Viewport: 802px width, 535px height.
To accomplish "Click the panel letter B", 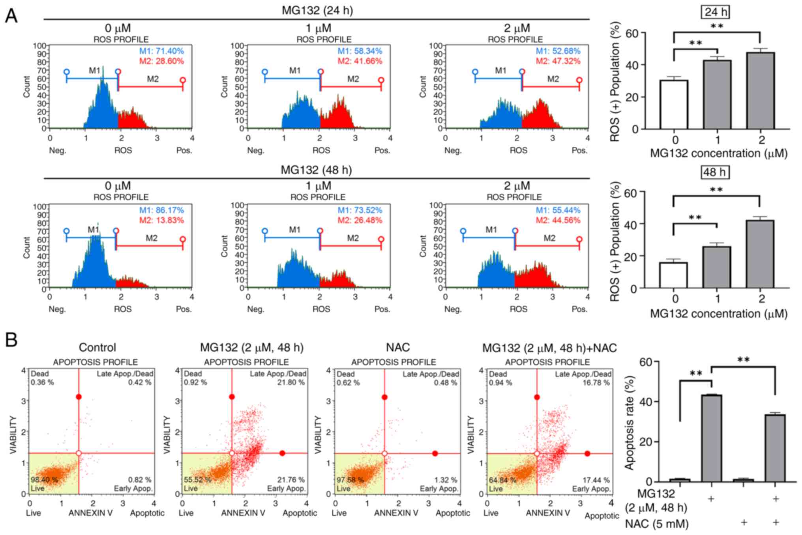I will [11, 339].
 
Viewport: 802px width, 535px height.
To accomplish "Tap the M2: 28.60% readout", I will [161, 61].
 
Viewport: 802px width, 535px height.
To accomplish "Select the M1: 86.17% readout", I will [161, 210].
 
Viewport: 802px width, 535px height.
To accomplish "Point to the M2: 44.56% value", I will [558, 220].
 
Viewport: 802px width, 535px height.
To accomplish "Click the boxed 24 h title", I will [716, 12].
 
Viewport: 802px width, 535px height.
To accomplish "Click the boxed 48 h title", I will [715, 172].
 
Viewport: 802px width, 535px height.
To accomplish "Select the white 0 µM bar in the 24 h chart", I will [674, 105].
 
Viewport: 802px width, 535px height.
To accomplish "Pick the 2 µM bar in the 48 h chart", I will [760, 254].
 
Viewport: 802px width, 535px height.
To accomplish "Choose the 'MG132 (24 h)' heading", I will [317, 10].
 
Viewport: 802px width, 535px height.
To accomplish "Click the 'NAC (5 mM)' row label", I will [657, 524].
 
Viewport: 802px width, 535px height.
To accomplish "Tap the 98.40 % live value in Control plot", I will [44, 480].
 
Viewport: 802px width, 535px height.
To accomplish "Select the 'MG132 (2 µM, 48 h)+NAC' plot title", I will [549, 348].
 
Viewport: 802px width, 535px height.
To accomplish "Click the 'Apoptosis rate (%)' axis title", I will [629, 423].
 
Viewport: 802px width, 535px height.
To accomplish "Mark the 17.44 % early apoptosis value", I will [596, 480].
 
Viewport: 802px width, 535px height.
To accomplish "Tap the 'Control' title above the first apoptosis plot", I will [97, 348].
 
